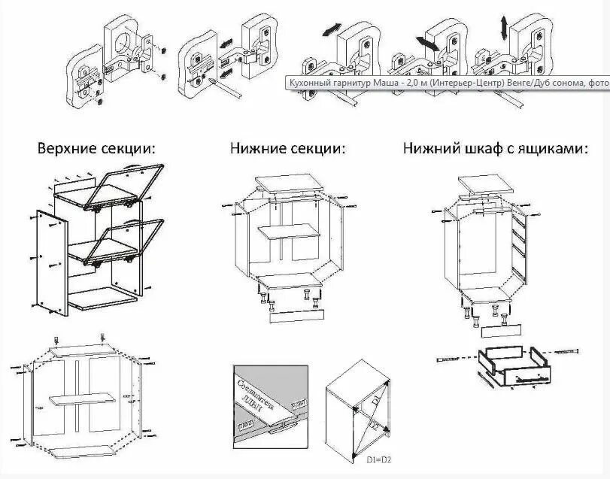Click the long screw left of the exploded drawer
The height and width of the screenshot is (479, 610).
(454, 359)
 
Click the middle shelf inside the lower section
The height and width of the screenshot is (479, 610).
(289, 233)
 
